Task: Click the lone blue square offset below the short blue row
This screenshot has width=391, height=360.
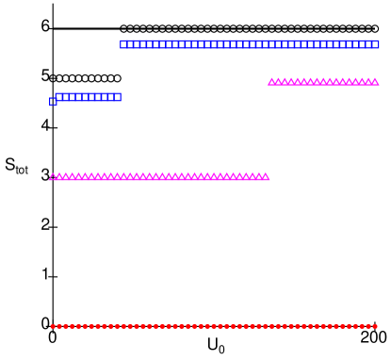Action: tap(53, 102)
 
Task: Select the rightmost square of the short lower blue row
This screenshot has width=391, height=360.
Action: tap(118, 96)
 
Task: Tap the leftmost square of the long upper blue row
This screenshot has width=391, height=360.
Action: tap(124, 43)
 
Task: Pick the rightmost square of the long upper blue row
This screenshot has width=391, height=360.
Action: tap(376, 43)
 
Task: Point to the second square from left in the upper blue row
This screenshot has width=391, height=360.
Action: tap(131, 43)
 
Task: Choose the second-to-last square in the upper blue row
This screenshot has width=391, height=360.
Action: tap(369, 43)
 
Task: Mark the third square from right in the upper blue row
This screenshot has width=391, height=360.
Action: tap(363, 43)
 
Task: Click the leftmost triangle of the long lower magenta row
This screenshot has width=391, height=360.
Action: tap(54, 176)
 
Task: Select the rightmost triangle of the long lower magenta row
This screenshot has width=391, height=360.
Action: tap(266, 176)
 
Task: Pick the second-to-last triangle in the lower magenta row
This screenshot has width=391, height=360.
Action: tap(260, 175)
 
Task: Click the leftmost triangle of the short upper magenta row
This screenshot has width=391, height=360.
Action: tap(271, 82)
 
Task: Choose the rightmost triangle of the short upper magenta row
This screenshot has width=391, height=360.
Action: tap(375, 82)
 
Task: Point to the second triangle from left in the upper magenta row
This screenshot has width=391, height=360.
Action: tap(278, 82)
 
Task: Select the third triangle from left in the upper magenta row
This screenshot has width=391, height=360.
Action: tap(285, 82)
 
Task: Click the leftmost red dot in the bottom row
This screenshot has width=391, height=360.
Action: tap(53, 326)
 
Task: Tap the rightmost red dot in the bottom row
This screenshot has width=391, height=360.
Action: tap(375, 326)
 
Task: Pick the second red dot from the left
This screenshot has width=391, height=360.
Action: tap(59, 326)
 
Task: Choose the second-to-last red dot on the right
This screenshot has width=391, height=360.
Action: tap(368, 326)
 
